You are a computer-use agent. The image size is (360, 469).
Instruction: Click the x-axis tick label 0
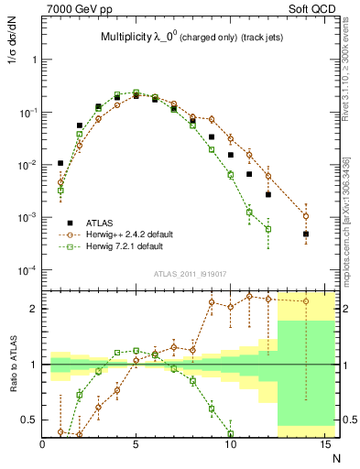pos(42,443)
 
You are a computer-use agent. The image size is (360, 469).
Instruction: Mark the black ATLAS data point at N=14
pos(306,234)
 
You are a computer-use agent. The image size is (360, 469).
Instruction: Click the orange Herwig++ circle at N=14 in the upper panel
pos(306,216)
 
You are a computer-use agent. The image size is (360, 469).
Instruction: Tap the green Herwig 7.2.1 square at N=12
pos(268,229)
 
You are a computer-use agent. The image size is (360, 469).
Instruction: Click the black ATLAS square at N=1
pos(60,163)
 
